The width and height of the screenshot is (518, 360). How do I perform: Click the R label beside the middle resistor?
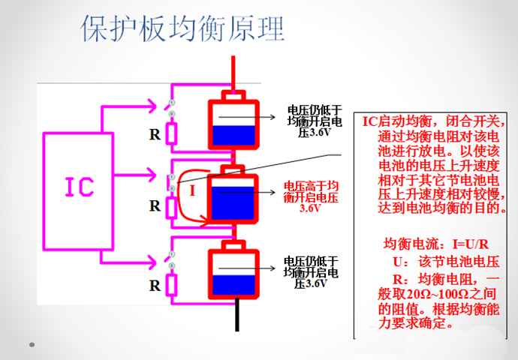coord(155,205)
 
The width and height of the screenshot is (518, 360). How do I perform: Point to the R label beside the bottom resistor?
coord(155,285)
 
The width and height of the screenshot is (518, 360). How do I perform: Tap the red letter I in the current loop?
coord(192,190)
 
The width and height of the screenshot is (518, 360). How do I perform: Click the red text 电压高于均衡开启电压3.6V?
coord(310,197)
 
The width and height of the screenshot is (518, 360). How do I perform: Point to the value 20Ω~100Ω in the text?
coord(430,292)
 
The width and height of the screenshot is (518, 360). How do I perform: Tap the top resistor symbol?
coord(172,134)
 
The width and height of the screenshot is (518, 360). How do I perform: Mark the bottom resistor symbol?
coord(172,284)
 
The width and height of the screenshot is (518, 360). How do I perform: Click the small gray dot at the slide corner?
coord(32,345)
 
